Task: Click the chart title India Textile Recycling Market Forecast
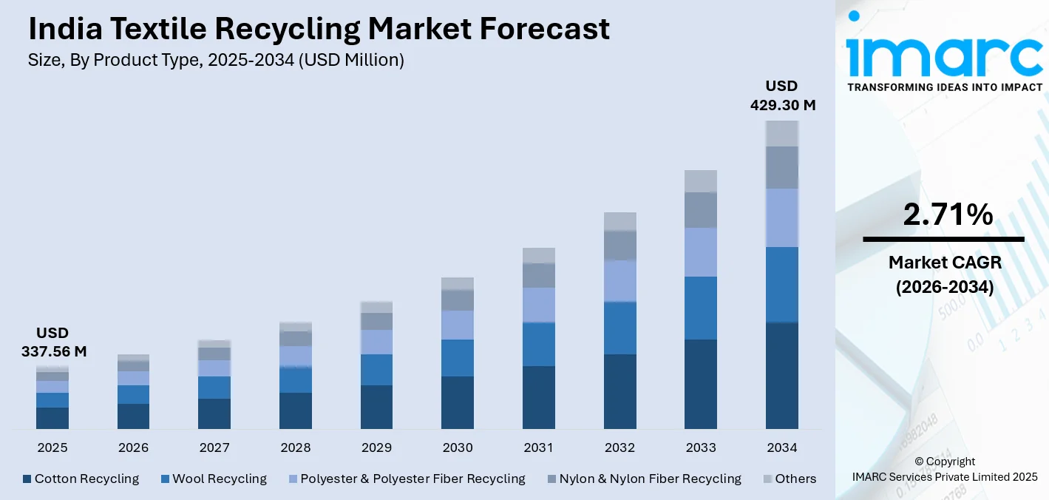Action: coord(319,29)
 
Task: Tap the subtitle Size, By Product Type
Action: coord(216,61)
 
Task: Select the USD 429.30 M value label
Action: coord(782,95)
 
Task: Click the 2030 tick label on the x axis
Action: coord(458,447)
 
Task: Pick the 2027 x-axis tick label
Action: coord(214,447)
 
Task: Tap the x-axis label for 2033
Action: coord(701,447)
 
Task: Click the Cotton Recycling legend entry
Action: coord(81,479)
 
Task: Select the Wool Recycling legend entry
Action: coord(214,479)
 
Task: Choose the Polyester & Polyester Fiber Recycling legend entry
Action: coord(406,479)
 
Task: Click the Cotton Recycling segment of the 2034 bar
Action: coord(782,375)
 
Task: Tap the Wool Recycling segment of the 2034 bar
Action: coord(782,285)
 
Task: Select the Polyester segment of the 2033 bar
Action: coord(701,252)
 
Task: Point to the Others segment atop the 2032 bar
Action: coord(619,222)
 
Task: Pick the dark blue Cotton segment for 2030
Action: coord(458,402)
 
